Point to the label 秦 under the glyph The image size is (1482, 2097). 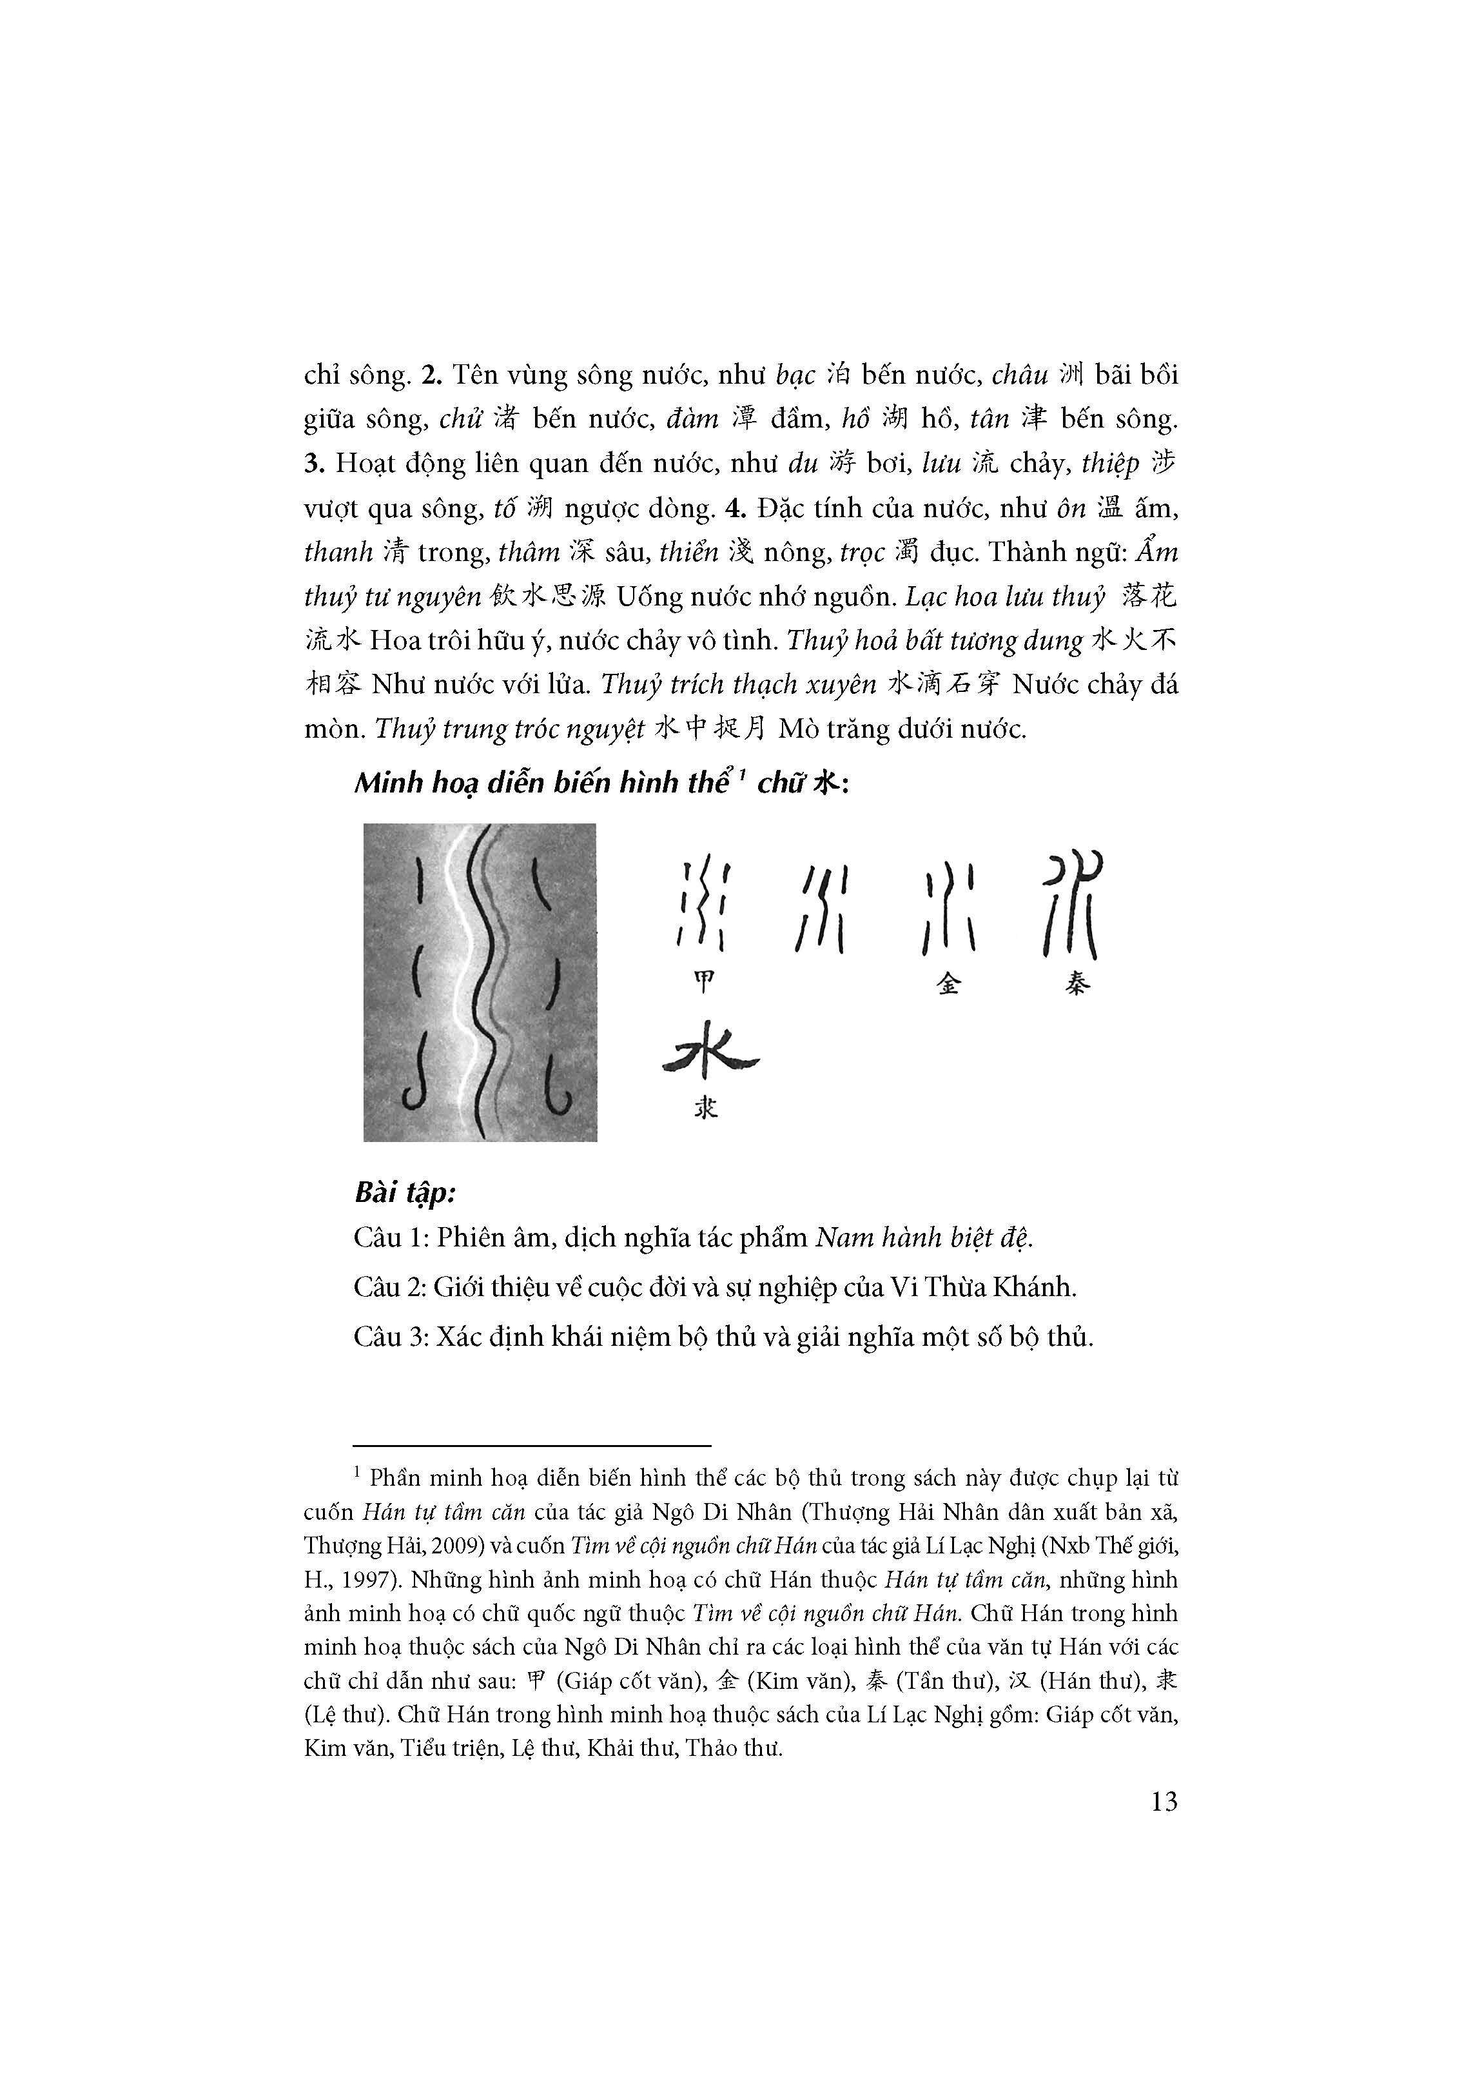point(1077,983)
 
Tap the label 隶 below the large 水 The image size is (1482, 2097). point(705,1107)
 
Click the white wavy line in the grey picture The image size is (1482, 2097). point(454,982)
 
